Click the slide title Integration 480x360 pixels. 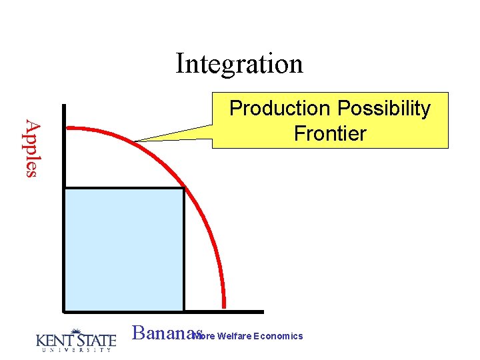pyautogui.click(x=239, y=64)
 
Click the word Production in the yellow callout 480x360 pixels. pyautogui.click(x=281, y=109)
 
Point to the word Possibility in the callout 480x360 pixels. pyautogui.click(x=384, y=109)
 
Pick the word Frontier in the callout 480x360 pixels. pyautogui.click(x=330, y=133)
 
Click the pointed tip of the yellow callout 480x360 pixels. pyautogui.click(x=135, y=141)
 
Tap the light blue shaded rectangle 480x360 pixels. pyautogui.click(x=124, y=249)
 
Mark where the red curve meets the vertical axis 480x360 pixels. pyautogui.click(x=65, y=128)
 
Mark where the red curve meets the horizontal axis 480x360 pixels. pyautogui.click(x=224, y=309)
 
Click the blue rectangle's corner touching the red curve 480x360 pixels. pyautogui.click(x=183, y=189)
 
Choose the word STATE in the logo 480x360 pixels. pyautogui.click(x=97, y=341)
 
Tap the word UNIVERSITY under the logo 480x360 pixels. pyautogui.click(x=75, y=351)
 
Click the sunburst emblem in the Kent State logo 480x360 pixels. pyautogui.click(x=75, y=332)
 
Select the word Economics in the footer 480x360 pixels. pyautogui.click(x=279, y=336)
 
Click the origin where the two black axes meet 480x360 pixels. pyautogui.click(x=64, y=311)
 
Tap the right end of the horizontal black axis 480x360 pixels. pyautogui.click(x=262, y=311)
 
